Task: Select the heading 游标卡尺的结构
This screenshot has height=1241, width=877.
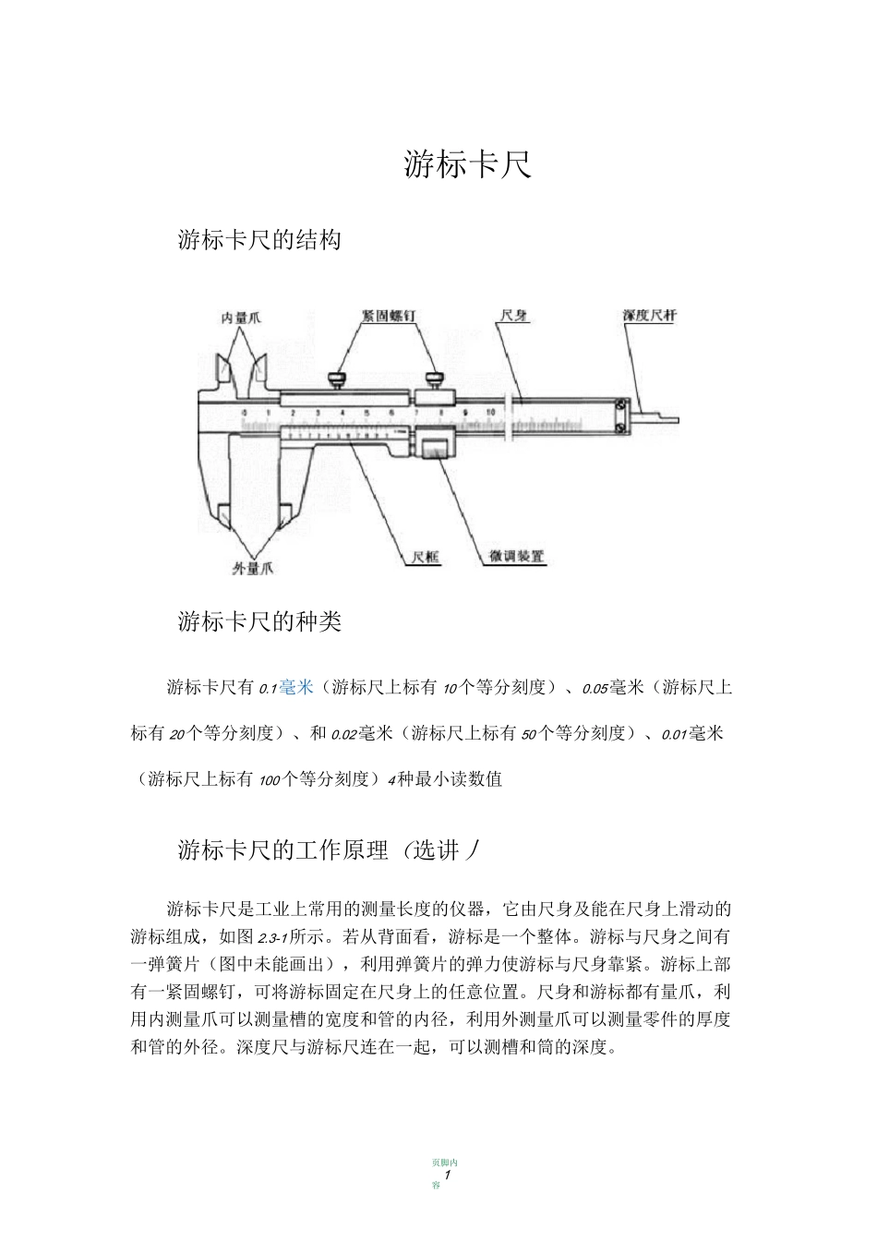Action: tap(259, 240)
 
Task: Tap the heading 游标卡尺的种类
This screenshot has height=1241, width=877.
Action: tap(259, 622)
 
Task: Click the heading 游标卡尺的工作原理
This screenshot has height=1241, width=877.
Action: tap(282, 850)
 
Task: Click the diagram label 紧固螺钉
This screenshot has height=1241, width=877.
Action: tap(389, 316)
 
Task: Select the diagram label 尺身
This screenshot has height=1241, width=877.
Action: tap(514, 316)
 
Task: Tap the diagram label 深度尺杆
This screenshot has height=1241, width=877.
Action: tap(649, 316)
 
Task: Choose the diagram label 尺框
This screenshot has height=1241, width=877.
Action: tap(426, 557)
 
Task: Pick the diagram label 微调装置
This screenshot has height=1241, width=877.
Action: tap(517, 557)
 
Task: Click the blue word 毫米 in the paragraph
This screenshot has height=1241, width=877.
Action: tap(297, 687)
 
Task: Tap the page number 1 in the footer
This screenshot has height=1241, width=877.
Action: tap(447, 1175)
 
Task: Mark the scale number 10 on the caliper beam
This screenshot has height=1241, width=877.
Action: tap(490, 413)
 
